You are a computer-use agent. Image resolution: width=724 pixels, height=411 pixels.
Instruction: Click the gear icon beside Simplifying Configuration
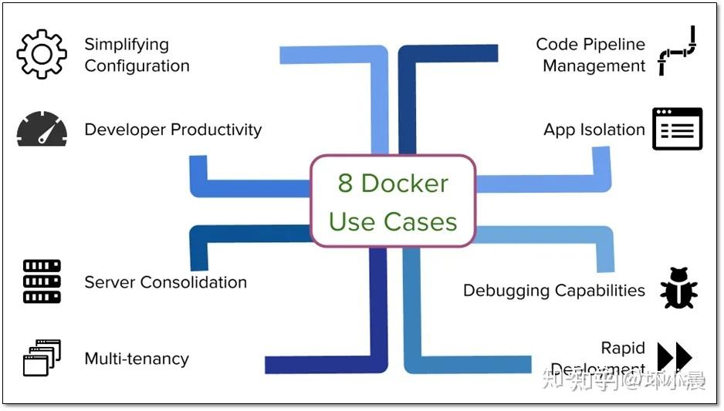coord(42,54)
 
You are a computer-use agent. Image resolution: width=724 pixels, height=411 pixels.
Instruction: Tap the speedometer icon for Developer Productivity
coord(42,130)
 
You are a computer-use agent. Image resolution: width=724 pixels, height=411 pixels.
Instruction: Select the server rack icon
coord(42,281)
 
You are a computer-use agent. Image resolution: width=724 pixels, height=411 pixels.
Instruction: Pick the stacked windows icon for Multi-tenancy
coord(42,358)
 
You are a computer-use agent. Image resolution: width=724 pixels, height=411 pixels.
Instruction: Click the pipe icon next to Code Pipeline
coord(677,51)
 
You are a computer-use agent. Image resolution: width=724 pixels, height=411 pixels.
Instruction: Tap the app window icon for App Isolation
coord(677,129)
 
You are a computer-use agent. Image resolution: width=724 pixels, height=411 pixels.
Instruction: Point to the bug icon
coord(678,288)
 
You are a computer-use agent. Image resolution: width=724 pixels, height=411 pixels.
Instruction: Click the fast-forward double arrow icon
coord(675,357)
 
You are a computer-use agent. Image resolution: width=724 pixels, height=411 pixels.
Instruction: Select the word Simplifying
coord(127,44)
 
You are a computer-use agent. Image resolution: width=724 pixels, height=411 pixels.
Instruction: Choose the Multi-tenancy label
coord(137,359)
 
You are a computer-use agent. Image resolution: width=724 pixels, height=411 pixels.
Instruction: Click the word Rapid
coord(623,349)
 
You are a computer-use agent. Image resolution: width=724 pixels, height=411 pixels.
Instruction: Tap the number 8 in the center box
coord(345,184)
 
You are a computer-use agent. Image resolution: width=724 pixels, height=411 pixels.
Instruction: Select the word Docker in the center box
coord(404,184)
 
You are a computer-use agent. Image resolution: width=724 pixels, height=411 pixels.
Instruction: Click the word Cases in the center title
coord(422,222)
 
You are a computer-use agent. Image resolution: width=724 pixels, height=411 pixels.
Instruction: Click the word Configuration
coord(137,66)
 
